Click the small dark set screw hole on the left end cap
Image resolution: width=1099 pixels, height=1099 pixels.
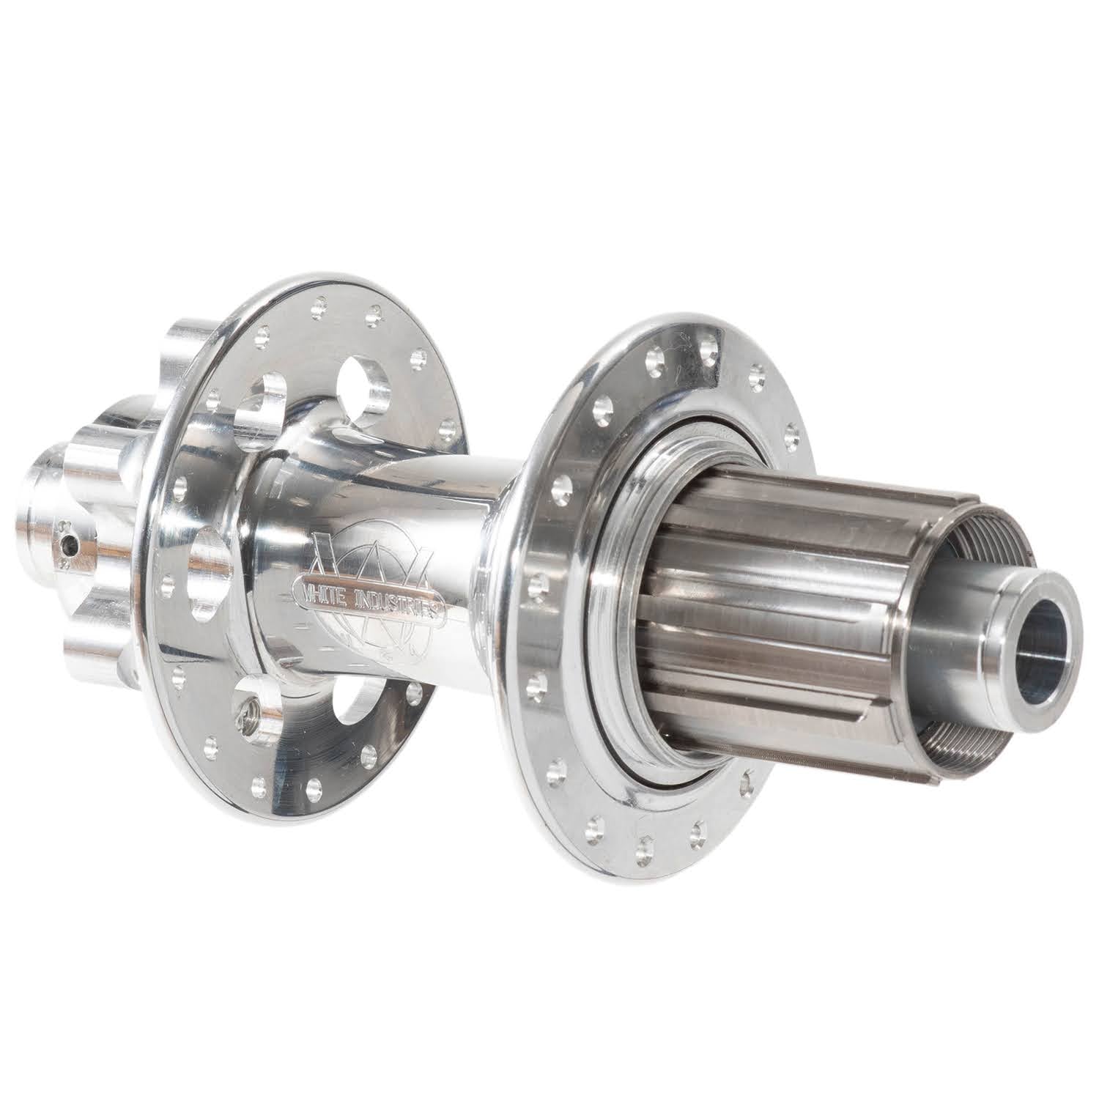tap(68, 543)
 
